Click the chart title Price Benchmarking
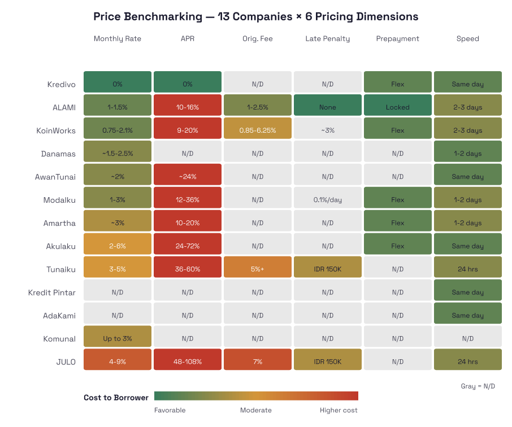tap(255, 16)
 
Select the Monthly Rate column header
tap(118, 39)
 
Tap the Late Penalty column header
tap(328, 39)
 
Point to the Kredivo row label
tap(62, 84)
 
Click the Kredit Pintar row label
tap(52, 293)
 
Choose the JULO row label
tap(66, 362)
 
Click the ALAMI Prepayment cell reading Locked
tap(398, 107)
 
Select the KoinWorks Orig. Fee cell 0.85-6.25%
tap(258, 130)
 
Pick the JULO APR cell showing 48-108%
tap(188, 361)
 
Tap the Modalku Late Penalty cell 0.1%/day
tap(328, 200)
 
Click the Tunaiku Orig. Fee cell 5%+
tap(258, 269)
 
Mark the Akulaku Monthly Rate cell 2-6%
tap(118, 246)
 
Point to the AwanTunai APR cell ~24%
tap(188, 177)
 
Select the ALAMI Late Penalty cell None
tap(328, 107)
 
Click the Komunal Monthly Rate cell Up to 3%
tap(118, 339)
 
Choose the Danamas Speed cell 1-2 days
tap(468, 154)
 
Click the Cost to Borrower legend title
tap(116, 398)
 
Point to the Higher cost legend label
tap(339, 411)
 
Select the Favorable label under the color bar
tap(170, 411)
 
